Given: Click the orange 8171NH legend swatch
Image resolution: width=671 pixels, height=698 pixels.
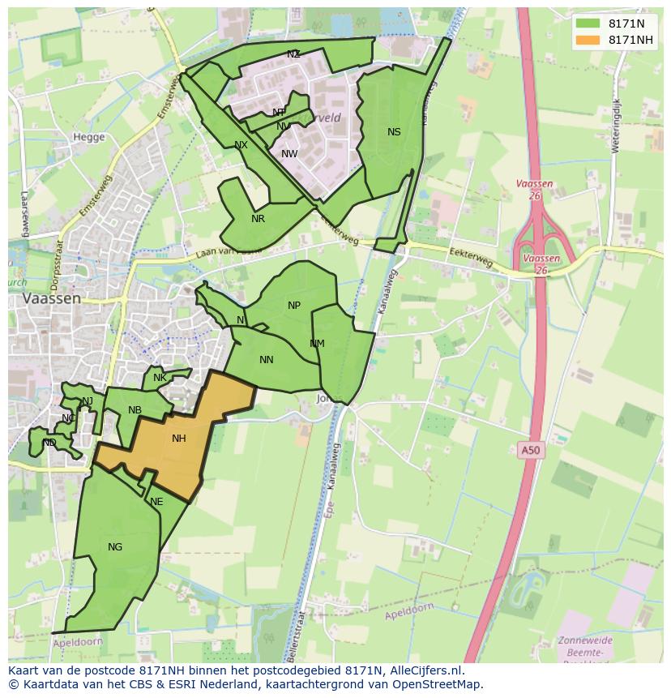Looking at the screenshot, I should click(588, 40).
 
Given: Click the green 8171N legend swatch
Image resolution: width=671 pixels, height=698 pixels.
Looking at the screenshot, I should click(588, 24).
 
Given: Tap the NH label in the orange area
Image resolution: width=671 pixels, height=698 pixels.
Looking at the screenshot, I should click(179, 439).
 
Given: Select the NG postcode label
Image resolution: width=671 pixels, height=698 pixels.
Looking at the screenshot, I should click(115, 547).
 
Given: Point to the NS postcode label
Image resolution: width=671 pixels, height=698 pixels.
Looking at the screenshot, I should click(394, 132).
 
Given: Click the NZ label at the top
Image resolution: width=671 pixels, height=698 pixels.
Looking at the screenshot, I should click(293, 54).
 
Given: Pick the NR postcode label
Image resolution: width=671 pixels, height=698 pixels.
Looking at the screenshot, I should click(258, 219).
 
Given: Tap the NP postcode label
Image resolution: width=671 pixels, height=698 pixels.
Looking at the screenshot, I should click(294, 306).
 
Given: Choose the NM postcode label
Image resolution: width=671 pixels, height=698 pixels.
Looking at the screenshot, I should click(317, 344).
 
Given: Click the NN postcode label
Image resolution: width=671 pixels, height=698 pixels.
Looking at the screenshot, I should click(266, 360).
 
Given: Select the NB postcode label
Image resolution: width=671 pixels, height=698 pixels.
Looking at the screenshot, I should click(135, 410).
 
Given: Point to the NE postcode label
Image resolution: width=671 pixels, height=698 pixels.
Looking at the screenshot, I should click(156, 502).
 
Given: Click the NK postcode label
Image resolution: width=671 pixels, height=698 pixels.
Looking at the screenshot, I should click(160, 378).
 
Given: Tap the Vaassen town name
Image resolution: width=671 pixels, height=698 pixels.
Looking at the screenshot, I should click(52, 298).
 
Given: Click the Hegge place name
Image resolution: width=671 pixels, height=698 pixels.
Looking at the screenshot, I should click(89, 137).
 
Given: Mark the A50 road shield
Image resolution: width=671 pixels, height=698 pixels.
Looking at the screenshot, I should click(529, 449).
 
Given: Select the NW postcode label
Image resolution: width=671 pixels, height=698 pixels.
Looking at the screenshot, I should click(289, 154).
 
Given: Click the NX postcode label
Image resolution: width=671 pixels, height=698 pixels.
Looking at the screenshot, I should click(241, 145).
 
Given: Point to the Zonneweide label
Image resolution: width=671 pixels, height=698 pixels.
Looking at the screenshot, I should click(585, 640).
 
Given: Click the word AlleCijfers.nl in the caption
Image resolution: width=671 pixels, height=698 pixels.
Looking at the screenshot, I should click(425, 670).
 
